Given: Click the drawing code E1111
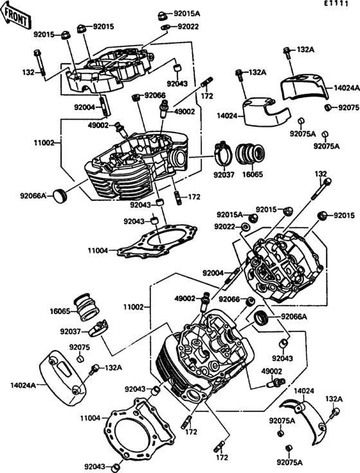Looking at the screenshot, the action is click(336, 4).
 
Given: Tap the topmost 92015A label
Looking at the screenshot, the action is click(187, 14).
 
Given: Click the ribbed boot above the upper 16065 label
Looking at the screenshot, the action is click(250, 154).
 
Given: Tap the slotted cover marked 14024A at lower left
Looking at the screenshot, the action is click(62, 376).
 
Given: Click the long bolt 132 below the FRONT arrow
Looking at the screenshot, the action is click(39, 63).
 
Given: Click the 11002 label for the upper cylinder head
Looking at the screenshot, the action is click(43, 143).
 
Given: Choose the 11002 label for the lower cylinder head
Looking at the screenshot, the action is click(133, 307).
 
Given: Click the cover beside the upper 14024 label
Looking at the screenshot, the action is click(265, 111).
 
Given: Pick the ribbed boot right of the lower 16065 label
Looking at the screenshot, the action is click(85, 307).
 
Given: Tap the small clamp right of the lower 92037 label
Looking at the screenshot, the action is click(98, 329).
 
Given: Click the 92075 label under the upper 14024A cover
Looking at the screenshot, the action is click(349, 107).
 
